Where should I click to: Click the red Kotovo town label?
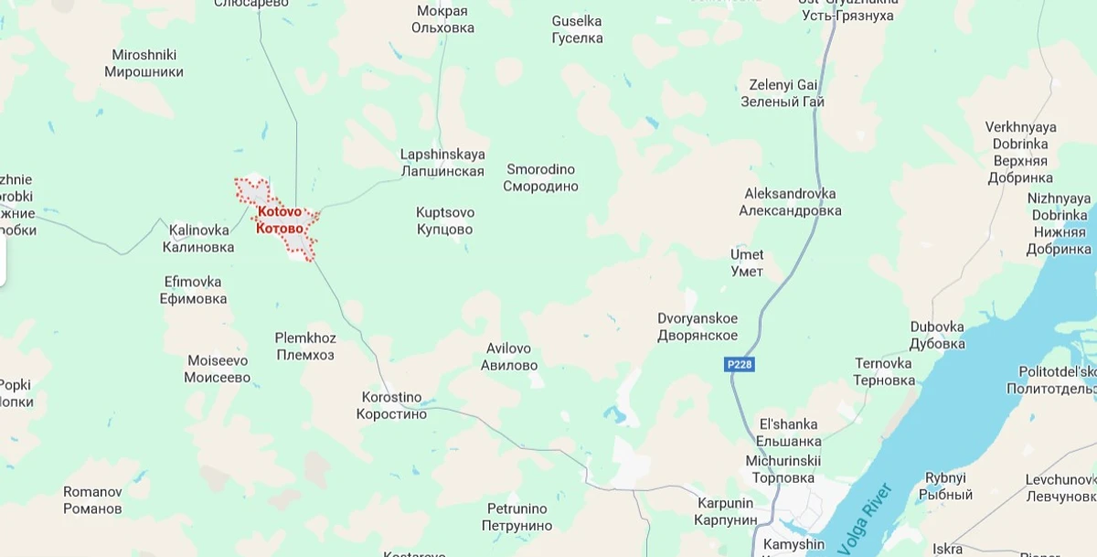point(280,220)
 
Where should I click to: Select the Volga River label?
point(857,520)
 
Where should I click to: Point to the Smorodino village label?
point(540,177)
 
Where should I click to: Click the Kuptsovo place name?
point(445,220)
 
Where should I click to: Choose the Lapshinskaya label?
point(442,163)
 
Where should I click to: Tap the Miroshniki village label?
point(144,63)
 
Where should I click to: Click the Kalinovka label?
point(198,238)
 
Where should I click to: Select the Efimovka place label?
point(193,290)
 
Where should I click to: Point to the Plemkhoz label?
point(305,346)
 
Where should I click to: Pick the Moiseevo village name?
point(218,369)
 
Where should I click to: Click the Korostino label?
point(391,405)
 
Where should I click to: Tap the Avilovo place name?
point(509,357)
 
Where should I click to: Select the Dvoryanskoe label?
point(698,327)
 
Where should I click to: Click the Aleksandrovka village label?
point(790,202)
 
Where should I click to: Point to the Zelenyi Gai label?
point(783,93)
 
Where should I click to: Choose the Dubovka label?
point(937,335)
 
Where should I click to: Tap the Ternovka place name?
point(884,371)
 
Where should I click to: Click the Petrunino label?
point(517,517)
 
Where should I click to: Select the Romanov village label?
point(92,499)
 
